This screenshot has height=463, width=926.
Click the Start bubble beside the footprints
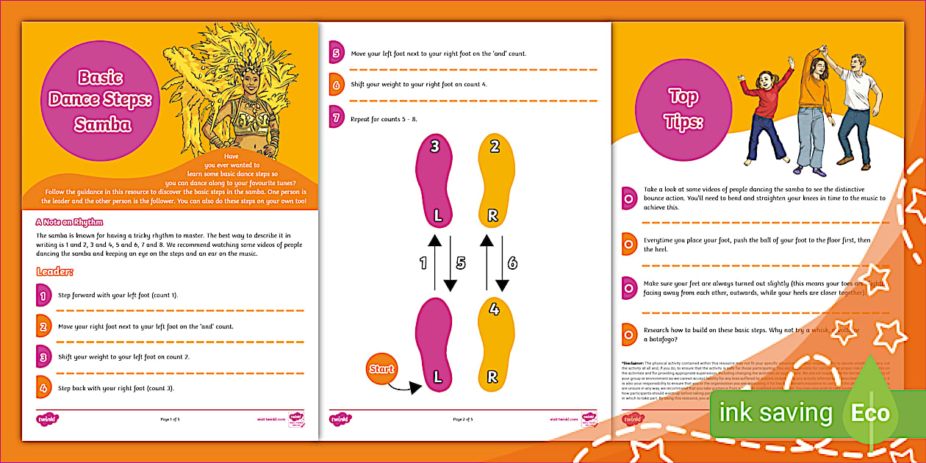pyautogui.click(x=381, y=369)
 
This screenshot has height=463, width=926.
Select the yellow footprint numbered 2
pyautogui.click(x=495, y=179)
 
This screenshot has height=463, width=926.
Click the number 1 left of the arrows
pyautogui.click(x=423, y=262)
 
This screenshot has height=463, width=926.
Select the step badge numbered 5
pyautogui.click(x=337, y=53)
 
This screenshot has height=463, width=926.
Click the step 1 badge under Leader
pyautogui.click(x=44, y=295)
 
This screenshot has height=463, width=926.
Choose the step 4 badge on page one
pyautogui.click(x=44, y=387)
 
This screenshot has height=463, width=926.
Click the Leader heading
pyautogui.click(x=54, y=272)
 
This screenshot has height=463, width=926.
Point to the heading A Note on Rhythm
pyautogui.click(x=69, y=221)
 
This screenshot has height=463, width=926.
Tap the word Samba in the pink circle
pyautogui.click(x=102, y=125)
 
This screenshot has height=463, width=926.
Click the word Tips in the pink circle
pyautogui.click(x=683, y=122)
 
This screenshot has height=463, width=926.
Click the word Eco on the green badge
pyautogui.click(x=869, y=413)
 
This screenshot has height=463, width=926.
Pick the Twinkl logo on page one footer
pyautogui.click(x=47, y=419)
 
